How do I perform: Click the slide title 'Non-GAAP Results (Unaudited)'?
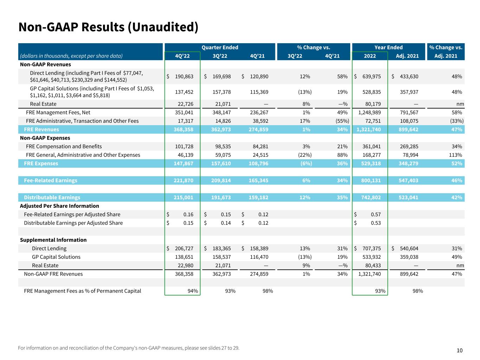point(108,27)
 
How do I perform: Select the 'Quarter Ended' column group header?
point(220,47)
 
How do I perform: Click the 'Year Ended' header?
point(388,47)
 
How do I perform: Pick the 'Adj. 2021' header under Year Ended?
point(407,56)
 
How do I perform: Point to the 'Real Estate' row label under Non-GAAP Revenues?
point(43,104)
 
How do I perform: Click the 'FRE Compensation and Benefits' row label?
point(64,147)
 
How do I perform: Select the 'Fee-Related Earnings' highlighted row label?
point(50,180)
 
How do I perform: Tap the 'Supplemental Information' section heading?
point(53,240)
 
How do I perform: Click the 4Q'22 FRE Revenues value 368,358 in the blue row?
point(184,129)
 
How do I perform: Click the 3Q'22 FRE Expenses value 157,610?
point(222,163)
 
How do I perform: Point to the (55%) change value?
point(342,121)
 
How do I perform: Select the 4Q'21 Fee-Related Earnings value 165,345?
point(259,180)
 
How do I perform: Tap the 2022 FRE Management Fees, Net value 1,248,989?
point(369,112)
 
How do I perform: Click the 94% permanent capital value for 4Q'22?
point(193,291)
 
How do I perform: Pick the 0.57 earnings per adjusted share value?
point(376,214)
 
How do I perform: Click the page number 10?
point(460,350)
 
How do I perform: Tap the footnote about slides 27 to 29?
point(128,348)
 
